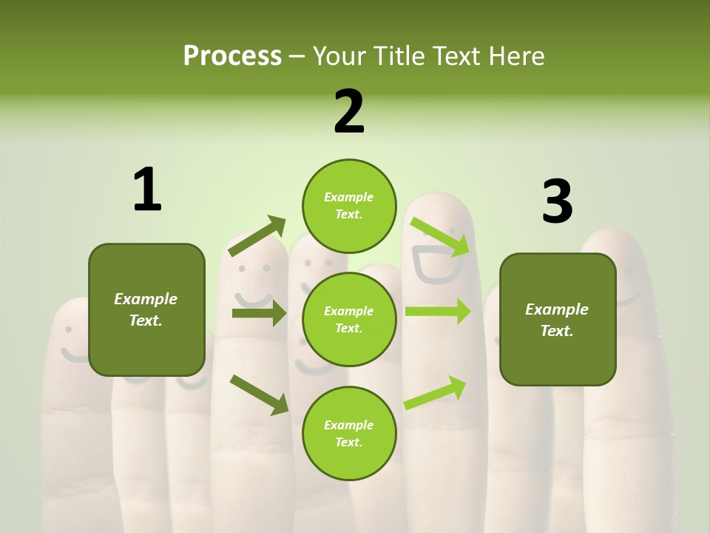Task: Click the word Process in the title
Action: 232,56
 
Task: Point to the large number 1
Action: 147,190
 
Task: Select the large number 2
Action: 349,112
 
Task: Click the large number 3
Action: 557,202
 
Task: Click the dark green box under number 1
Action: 146,309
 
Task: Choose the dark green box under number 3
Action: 558,319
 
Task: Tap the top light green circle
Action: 349,206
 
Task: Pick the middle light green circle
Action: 349,319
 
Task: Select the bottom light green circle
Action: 349,433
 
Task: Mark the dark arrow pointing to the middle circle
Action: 259,313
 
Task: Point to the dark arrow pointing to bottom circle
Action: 259,394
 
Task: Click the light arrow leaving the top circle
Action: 439,236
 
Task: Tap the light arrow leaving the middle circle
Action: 437,311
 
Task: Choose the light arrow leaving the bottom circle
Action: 435,392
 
